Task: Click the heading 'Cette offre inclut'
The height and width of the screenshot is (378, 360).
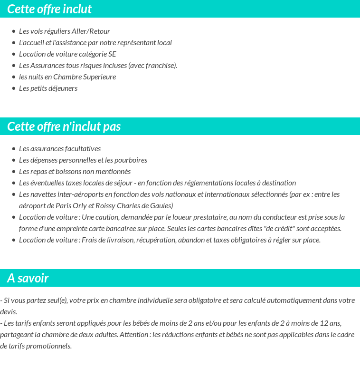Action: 49,9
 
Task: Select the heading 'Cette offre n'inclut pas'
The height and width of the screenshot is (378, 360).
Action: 64,126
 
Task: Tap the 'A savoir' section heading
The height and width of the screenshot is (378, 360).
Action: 28,278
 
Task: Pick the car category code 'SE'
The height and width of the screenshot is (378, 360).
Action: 112,54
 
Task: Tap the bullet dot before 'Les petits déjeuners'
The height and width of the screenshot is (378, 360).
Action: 14,88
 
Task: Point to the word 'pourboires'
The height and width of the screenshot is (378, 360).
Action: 131,160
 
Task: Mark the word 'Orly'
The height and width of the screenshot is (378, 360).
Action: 79,206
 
